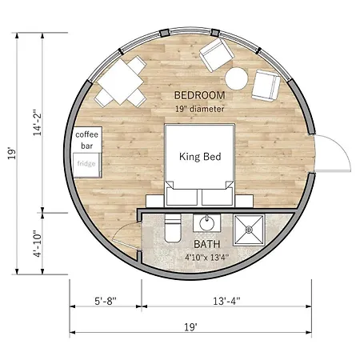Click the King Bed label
(x=200, y=157)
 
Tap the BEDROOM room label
(x=199, y=95)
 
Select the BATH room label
(x=207, y=244)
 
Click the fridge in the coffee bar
(x=86, y=165)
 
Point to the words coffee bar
(x=86, y=140)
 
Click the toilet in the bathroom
(x=173, y=228)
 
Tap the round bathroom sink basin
(x=206, y=223)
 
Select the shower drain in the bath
(x=249, y=230)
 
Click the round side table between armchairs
(x=237, y=78)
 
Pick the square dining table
(x=121, y=82)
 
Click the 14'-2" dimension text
(x=38, y=122)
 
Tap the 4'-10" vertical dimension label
(x=38, y=244)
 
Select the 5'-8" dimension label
(x=106, y=301)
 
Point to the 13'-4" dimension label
(x=226, y=301)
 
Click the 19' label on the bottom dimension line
(x=190, y=327)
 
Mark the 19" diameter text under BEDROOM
(x=199, y=109)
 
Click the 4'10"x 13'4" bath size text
(x=207, y=258)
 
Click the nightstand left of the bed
(x=155, y=201)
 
